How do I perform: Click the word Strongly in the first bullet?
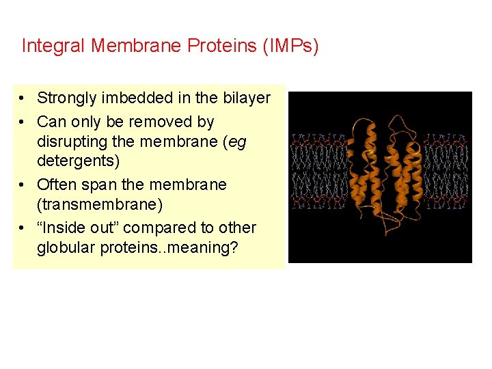click(67, 98)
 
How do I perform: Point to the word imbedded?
click(133, 98)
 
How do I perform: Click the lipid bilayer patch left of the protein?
click(318, 171)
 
